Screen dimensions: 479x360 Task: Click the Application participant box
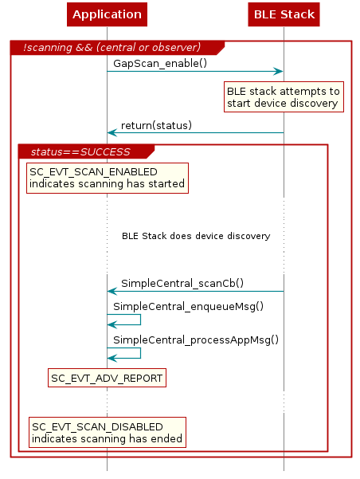[107, 14]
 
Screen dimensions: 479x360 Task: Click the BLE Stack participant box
[284, 14]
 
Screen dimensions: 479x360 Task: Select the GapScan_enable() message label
[160, 62]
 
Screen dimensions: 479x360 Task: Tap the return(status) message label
[156, 126]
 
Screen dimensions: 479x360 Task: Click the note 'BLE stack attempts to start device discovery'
[284, 96]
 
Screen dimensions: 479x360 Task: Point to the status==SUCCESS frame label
[80, 151]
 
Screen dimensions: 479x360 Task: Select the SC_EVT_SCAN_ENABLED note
[107, 178]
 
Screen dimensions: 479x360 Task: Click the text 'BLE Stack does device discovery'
[195, 236]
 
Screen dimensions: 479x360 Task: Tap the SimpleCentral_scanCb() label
[182, 282]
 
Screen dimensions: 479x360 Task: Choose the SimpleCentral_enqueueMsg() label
[188, 306]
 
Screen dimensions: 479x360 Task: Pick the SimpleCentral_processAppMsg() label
[196, 340]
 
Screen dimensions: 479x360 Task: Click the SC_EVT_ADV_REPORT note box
[107, 378]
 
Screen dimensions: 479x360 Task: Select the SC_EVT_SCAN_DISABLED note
[107, 433]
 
